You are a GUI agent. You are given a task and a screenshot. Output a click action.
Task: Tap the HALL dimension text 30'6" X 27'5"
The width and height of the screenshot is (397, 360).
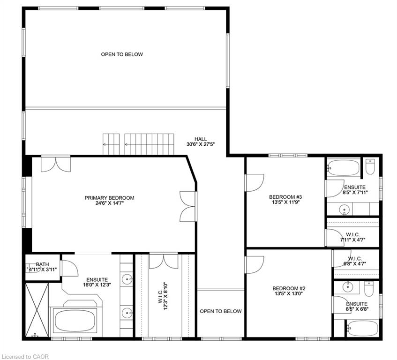[x=201, y=144]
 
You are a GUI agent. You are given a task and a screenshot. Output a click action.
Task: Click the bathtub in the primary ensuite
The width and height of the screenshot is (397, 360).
[x=75, y=321]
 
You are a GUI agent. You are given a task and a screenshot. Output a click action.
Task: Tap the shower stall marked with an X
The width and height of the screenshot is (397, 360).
[x=37, y=310]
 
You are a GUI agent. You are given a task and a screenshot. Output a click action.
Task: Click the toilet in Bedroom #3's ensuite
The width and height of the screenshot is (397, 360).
[x=370, y=167]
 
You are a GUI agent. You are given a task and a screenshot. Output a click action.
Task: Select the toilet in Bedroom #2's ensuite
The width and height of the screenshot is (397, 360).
[x=368, y=289]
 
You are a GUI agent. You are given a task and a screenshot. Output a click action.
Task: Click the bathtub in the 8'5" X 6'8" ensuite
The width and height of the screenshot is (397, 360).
[x=363, y=329]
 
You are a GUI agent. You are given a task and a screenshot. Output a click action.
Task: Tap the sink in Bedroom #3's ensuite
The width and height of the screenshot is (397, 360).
[x=344, y=210]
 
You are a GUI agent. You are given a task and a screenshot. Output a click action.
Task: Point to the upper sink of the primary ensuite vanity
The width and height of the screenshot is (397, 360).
[x=127, y=279]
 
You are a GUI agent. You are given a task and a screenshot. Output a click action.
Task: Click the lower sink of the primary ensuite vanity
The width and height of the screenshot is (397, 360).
[x=127, y=313]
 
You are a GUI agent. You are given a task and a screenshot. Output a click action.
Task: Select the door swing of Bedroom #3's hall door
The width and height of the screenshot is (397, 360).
[x=255, y=183]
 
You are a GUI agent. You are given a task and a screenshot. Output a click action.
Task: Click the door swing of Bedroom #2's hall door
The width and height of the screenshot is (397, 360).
[x=255, y=265]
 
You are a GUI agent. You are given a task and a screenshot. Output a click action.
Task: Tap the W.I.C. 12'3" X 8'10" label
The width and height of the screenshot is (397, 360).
[x=163, y=296]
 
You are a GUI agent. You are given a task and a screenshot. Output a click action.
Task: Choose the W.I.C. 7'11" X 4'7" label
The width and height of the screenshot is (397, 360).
[x=352, y=237]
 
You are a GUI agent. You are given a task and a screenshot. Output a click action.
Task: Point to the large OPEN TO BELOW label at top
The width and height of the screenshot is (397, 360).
[x=122, y=54]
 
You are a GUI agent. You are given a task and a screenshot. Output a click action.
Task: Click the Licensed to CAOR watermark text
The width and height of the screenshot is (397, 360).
[x=24, y=357]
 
